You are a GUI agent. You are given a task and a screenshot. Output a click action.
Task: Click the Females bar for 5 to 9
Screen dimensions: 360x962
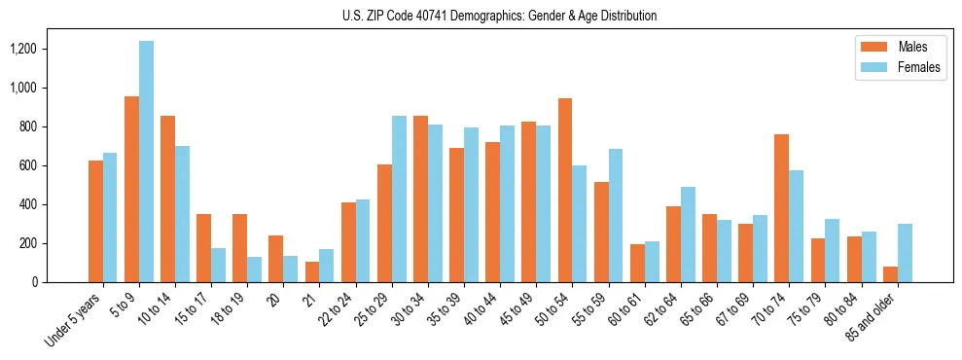146,162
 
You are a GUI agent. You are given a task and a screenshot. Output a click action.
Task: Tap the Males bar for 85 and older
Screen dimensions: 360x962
890,274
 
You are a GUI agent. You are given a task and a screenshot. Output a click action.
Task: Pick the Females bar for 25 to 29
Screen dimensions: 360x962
399,199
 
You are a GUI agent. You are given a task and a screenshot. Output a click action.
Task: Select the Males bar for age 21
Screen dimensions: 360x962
312,271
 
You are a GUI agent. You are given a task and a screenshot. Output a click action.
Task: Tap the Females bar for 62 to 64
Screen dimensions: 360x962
688,234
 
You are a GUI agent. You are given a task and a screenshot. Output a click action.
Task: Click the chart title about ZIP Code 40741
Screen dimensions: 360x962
500,16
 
